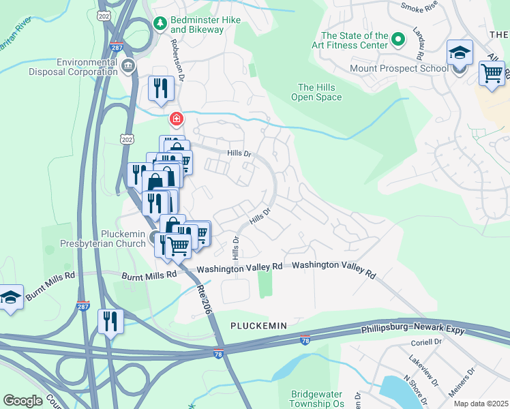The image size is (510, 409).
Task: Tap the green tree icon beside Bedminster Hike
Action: [160, 24]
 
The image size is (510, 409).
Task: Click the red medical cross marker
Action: [177, 120]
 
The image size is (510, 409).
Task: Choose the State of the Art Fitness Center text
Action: [355, 41]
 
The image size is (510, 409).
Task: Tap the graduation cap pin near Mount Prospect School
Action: [460, 53]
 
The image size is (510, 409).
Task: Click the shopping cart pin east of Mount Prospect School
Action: [492, 72]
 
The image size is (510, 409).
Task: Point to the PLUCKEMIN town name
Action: [258, 327]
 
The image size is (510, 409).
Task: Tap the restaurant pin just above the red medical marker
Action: [161, 89]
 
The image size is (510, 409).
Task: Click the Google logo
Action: [22, 401]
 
